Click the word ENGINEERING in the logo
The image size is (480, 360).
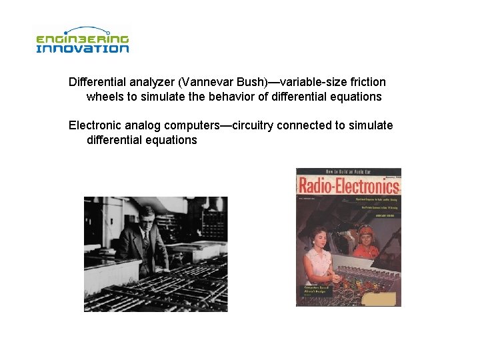click(82, 39)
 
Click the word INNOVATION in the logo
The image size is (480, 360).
click(82, 48)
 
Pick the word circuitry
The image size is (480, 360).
click(254, 125)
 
